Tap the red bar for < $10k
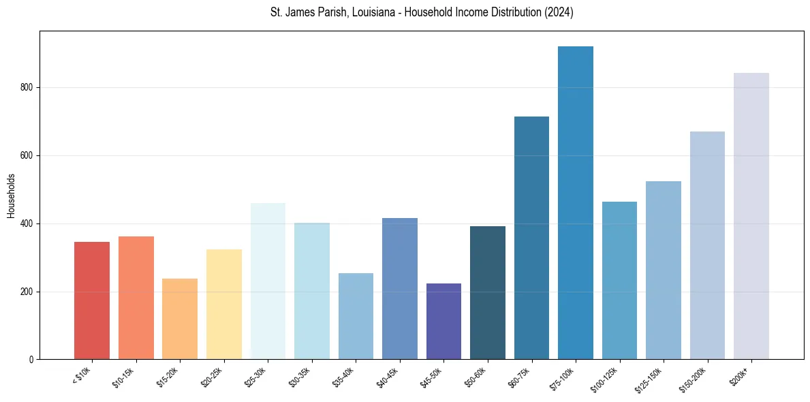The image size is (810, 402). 92,300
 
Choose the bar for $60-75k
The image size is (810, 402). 531,238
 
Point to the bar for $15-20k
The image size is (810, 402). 180,319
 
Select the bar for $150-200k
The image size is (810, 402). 707,245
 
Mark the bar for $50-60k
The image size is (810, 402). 487,293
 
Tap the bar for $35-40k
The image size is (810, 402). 356,316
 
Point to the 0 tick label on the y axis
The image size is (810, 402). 31,360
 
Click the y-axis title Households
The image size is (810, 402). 11,196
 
